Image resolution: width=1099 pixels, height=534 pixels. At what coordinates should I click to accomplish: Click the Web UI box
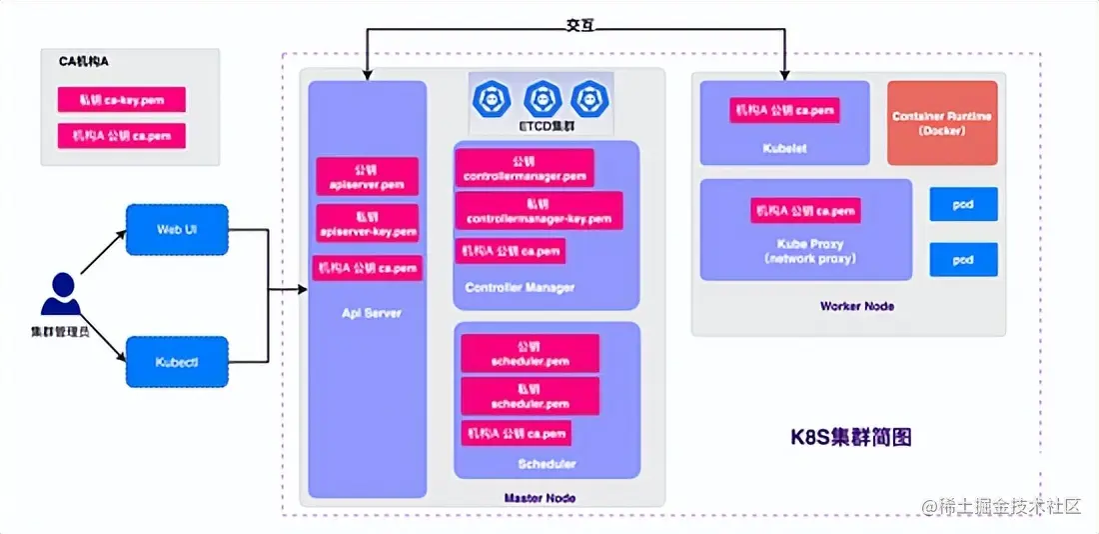(x=177, y=230)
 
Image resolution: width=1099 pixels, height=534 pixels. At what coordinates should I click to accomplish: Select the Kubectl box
(x=177, y=361)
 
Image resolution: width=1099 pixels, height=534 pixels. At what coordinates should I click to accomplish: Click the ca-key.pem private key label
(x=120, y=100)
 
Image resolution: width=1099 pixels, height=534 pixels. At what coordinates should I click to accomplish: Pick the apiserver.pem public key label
(x=366, y=178)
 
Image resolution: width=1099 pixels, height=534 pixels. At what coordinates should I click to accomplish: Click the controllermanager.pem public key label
(x=525, y=168)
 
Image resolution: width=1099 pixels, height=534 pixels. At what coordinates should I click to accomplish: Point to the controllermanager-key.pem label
(x=539, y=211)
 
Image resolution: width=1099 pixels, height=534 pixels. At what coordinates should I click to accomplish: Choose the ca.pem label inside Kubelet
(x=784, y=110)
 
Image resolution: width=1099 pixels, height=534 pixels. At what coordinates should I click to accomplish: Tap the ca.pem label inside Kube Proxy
(x=805, y=211)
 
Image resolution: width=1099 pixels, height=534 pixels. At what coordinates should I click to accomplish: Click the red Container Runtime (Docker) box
(x=942, y=123)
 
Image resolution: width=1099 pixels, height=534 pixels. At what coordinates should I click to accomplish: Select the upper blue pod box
(x=962, y=204)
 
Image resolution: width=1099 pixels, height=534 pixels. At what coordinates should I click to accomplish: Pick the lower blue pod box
(x=962, y=259)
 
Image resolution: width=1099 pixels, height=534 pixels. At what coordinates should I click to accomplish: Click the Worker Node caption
(x=856, y=306)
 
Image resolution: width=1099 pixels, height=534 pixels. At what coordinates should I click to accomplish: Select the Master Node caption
(x=540, y=497)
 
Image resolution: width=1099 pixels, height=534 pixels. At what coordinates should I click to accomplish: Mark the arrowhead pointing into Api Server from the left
(x=302, y=290)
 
